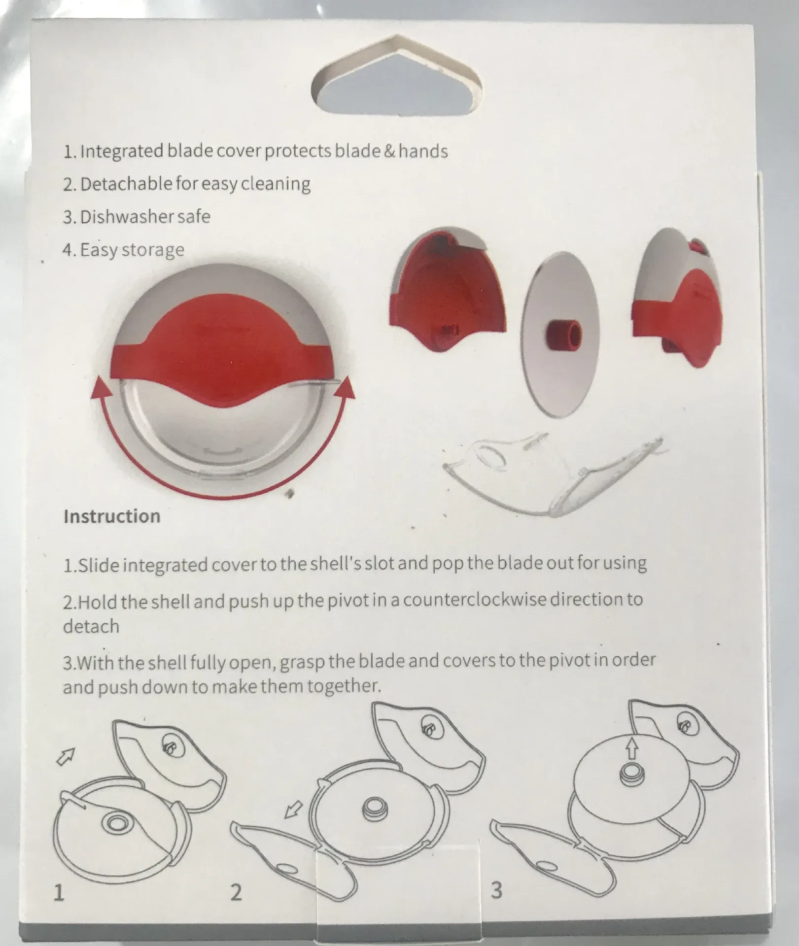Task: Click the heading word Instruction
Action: pyautogui.click(x=112, y=516)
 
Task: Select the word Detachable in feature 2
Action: pyautogui.click(x=126, y=184)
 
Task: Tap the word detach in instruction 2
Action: pyautogui.click(x=91, y=626)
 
